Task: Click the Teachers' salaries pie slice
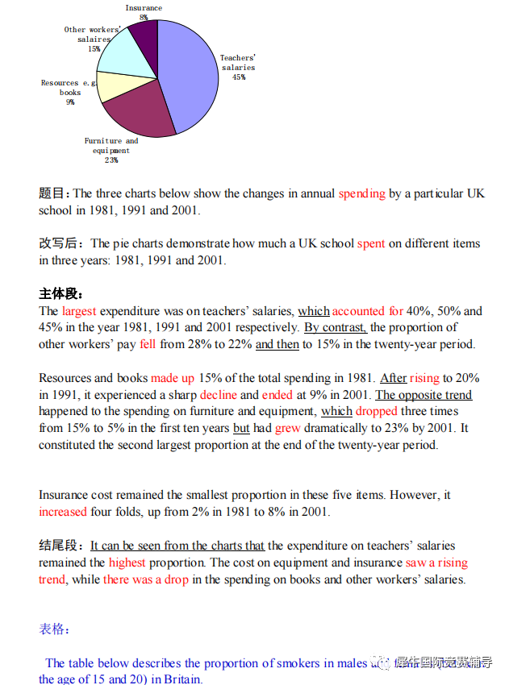[190, 77]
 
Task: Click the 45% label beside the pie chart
[238, 77]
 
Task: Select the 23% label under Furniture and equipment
[111, 160]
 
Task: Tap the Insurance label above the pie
[143, 8]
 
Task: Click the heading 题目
[54, 193]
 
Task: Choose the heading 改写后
[61, 243]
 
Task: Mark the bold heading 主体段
[60, 294]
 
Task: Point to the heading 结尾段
[61, 546]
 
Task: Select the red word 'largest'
[79, 311]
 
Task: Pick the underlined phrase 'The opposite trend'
[423, 395]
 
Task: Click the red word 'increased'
[63, 512]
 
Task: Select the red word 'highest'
[127, 563]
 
